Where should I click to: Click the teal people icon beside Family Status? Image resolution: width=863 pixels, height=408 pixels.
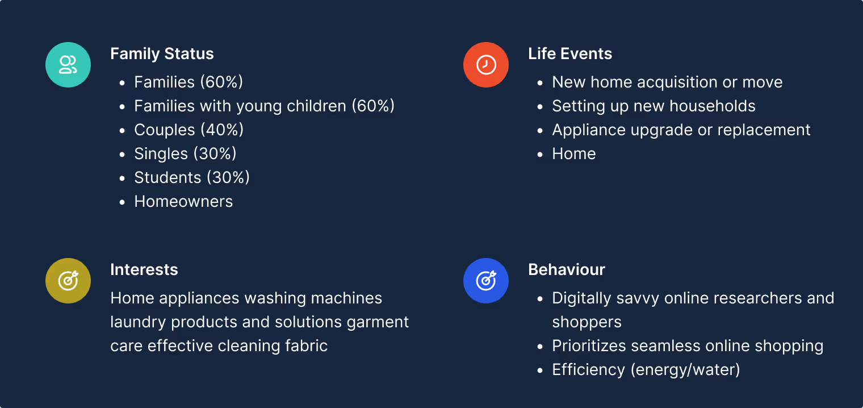pos(68,65)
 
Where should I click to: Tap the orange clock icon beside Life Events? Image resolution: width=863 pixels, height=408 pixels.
pos(486,65)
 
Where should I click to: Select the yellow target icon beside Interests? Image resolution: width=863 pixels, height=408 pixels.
pos(68,281)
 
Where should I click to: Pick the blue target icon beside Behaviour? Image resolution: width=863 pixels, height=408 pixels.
pos(486,281)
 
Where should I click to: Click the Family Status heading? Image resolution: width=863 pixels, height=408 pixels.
pos(162,54)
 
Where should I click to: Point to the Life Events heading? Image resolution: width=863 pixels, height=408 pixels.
pos(570,54)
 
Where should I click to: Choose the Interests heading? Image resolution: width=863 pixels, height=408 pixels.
pos(144,270)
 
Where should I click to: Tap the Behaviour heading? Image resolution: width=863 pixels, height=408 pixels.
pos(567,270)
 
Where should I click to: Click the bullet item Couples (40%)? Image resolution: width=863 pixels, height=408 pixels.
pos(188,130)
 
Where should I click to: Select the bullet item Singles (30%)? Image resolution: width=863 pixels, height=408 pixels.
pos(185,154)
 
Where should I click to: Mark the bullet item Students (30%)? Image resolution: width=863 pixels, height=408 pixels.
pos(192,178)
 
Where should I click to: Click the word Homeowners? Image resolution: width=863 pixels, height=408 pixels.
pos(183,202)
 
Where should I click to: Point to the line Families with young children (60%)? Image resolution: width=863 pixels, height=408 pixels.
pos(264,106)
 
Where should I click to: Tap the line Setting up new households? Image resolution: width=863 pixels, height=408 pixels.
pos(653,106)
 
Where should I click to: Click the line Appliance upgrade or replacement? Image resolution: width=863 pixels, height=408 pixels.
pos(681,130)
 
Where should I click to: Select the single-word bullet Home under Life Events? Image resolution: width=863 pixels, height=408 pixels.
pos(574,154)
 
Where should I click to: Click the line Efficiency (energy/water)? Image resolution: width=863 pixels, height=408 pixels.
pos(646,370)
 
